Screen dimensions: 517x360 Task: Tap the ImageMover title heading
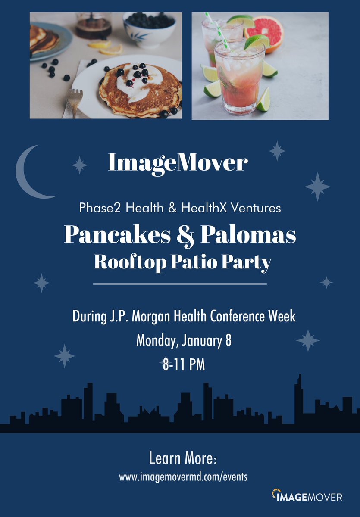(x=178, y=162)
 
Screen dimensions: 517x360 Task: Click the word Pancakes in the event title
(x=118, y=235)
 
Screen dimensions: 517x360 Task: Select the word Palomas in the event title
(x=251, y=235)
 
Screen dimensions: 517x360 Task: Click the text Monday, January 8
(x=184, y=340)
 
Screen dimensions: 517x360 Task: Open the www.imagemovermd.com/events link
(x=183, y=477)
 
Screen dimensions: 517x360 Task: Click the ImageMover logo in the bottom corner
(x=307, y=496)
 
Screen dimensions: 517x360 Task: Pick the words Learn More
(x=182, y=458)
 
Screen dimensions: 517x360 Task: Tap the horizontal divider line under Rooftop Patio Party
(x=180, y=284)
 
